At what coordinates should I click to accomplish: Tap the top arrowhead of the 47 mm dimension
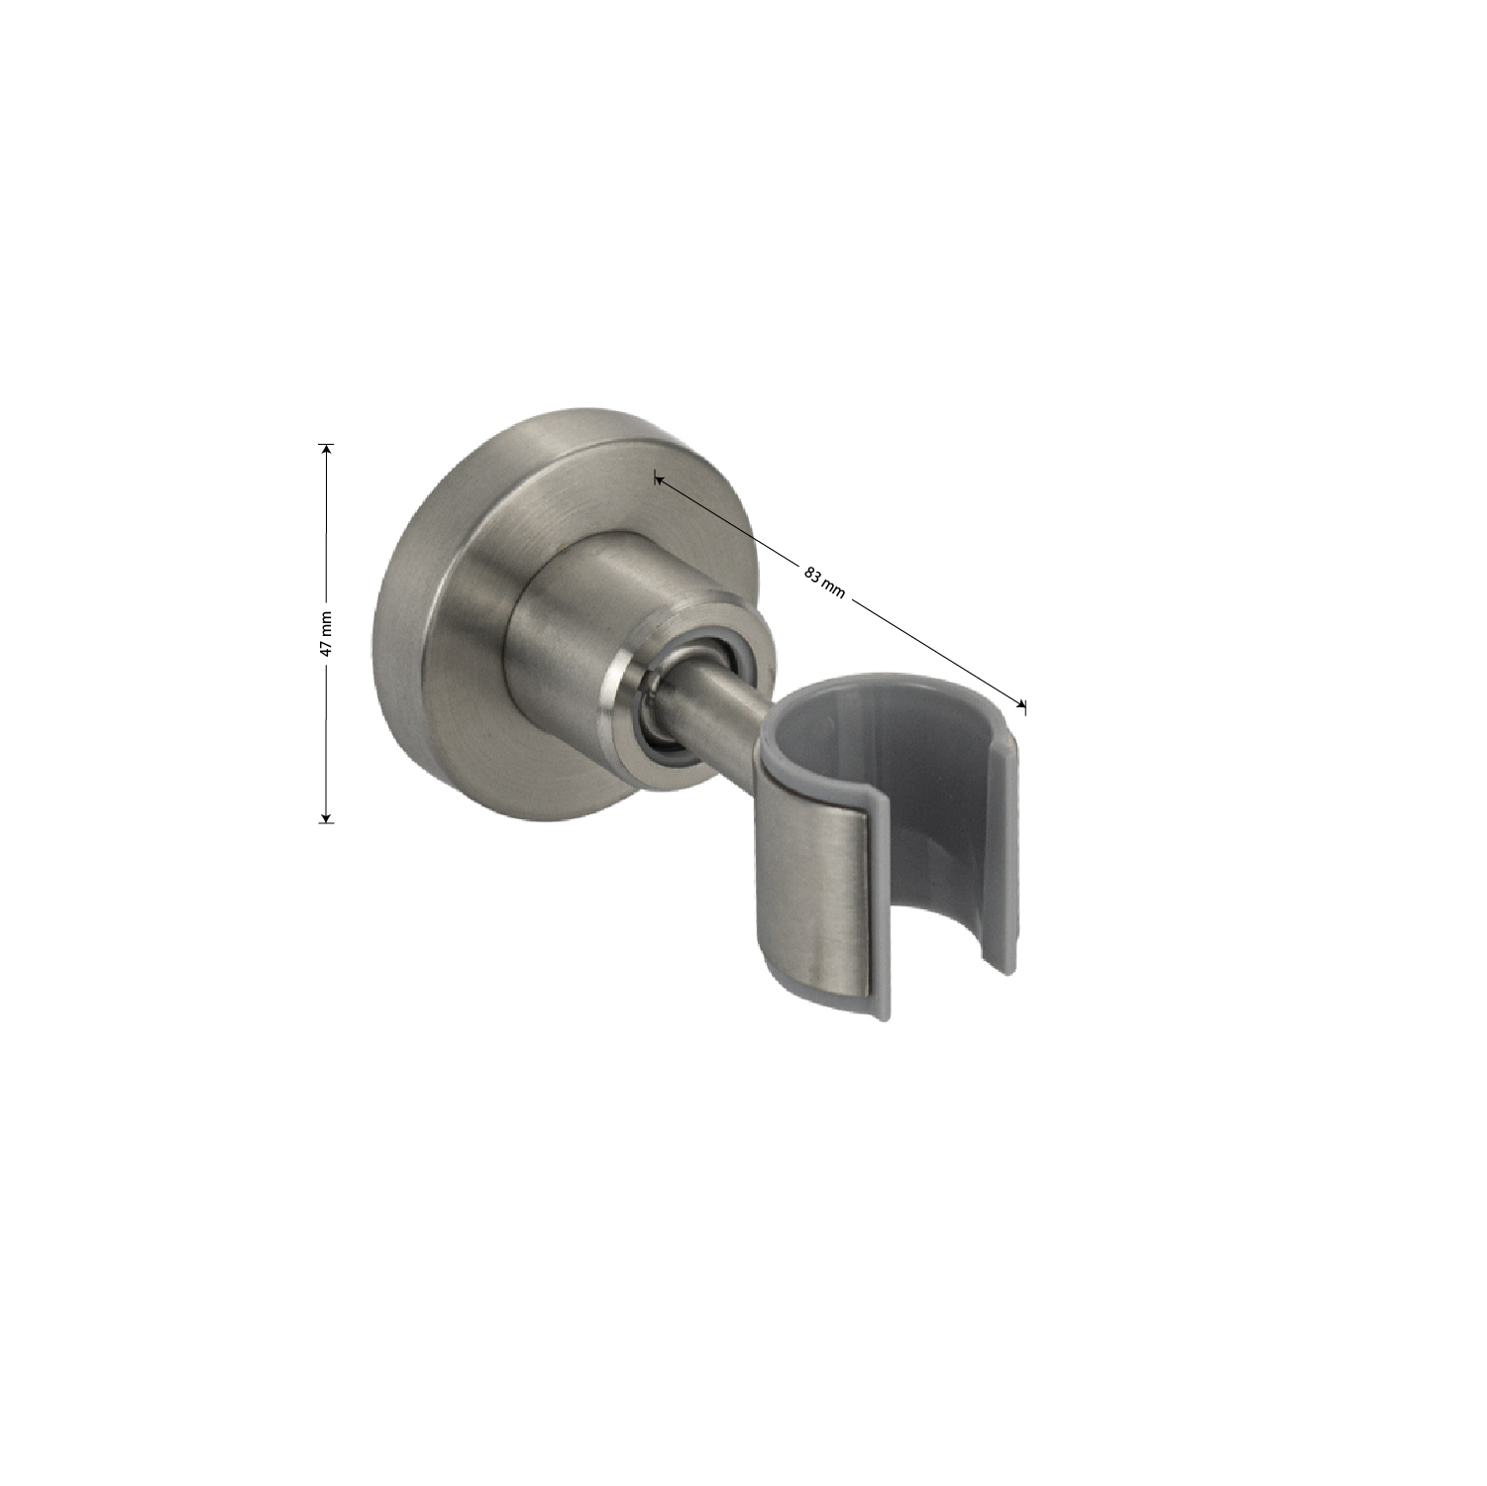(x=327, y=449)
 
